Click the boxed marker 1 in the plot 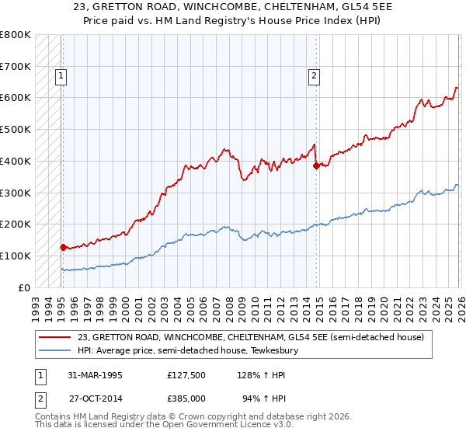pos(61,76)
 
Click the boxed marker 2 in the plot pos(314,76)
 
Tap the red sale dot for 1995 pos(63,247)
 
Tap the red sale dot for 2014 pos(316,165)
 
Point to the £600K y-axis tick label pos(16,98)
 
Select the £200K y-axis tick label pos(16,224)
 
